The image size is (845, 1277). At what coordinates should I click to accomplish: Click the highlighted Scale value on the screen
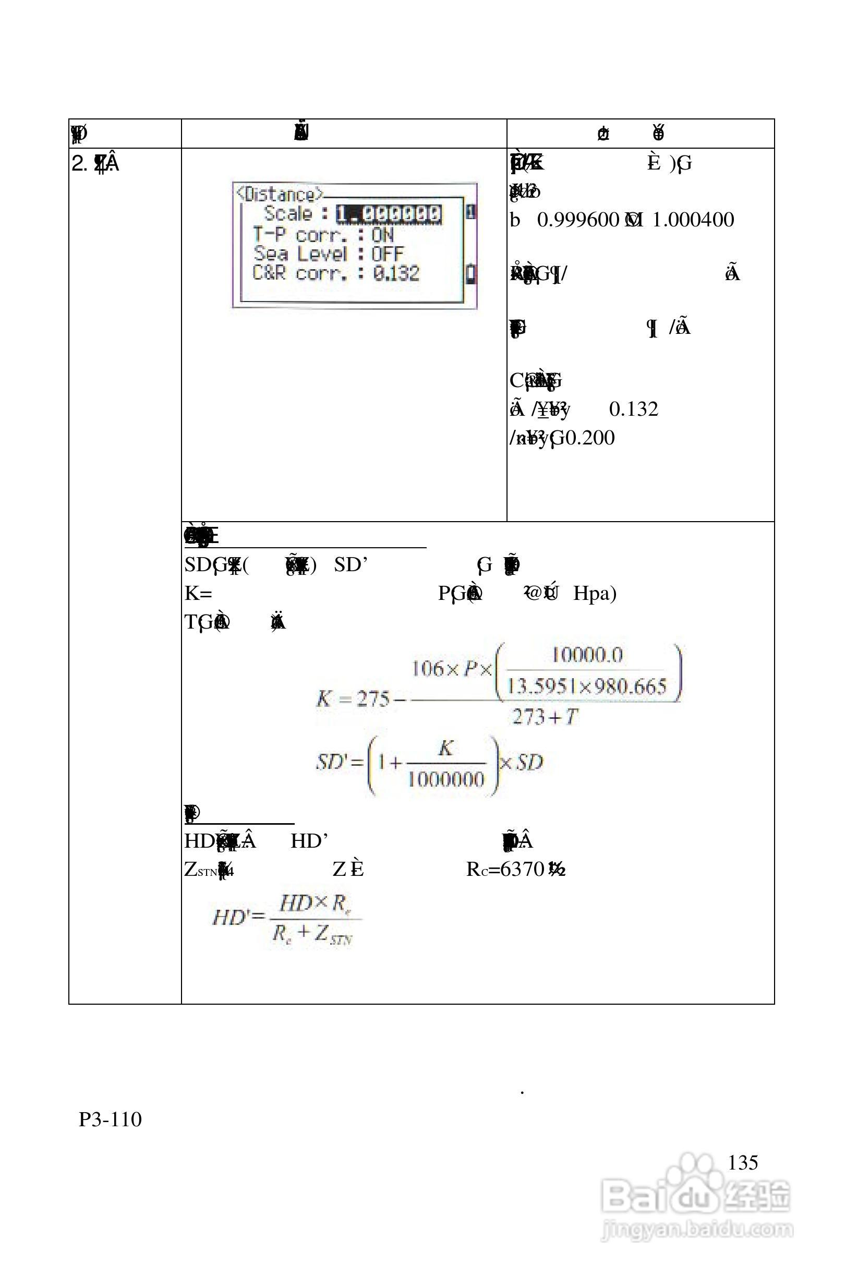coord(388,214)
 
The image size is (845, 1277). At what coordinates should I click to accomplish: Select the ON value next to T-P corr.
coord(382,234)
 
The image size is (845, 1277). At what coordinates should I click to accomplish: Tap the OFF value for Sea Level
coord(387,254)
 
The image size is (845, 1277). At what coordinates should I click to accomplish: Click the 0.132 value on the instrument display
coord(395,273)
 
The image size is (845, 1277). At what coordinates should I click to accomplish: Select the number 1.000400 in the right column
coord(693,220)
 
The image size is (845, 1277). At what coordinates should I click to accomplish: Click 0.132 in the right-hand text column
coord(633,409)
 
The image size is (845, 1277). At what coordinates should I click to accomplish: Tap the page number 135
coord(743,1162)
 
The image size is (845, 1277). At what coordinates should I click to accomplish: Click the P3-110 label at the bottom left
coord(110,1119)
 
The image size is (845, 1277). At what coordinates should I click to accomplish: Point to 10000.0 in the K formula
coord(587,655)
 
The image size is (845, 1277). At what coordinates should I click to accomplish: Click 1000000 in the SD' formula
coord(445,779)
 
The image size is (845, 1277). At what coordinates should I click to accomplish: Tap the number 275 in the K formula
coord(373,700)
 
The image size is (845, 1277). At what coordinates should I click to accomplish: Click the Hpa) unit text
coord(595,593)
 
